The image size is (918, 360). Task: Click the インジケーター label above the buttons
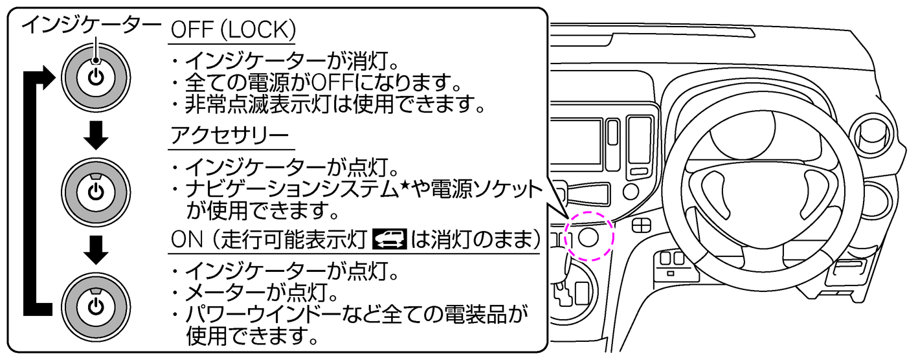tap(91, 26)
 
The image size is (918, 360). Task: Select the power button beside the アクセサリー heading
tap(95, 192)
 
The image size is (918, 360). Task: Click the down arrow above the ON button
tap(95, 250)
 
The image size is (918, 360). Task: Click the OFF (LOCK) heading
tap(233, 30)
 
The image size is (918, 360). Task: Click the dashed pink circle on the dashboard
tap(588, 236)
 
